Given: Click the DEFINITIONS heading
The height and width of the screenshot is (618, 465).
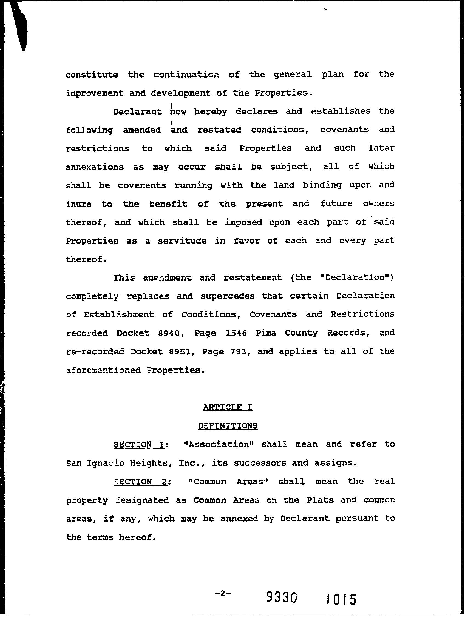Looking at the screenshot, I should point(228,426).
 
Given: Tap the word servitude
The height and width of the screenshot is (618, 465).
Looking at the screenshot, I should point(182,241).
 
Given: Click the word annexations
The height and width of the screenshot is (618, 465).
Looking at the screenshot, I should point(95,167).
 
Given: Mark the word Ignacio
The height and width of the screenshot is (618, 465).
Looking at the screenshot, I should point(106,463).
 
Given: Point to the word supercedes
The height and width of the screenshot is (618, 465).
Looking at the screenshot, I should point(228,296).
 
